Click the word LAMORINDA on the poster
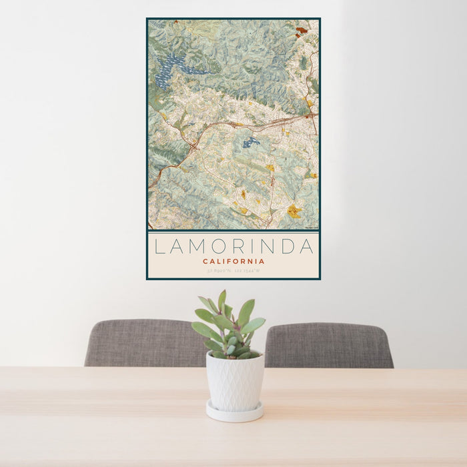coord(233,247)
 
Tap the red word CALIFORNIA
coord(233,262)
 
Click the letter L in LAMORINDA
coord(159,247)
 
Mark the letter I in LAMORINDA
coord(252,247)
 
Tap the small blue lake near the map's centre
coord(251,142)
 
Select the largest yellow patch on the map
coord(294,211)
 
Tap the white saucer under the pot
coord(234,412)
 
